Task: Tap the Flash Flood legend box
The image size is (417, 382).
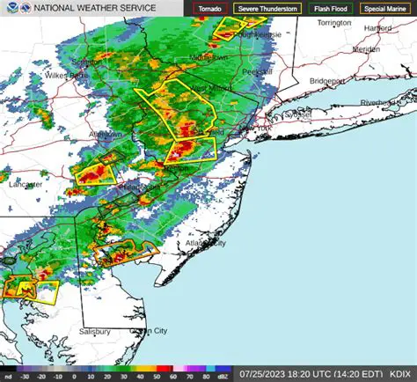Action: (331, 8)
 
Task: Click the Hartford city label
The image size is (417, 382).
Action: (377, 28)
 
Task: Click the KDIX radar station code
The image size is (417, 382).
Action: (402, 373)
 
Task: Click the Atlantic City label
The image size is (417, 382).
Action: (204, 243)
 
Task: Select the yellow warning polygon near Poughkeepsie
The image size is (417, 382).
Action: (230, 28)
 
